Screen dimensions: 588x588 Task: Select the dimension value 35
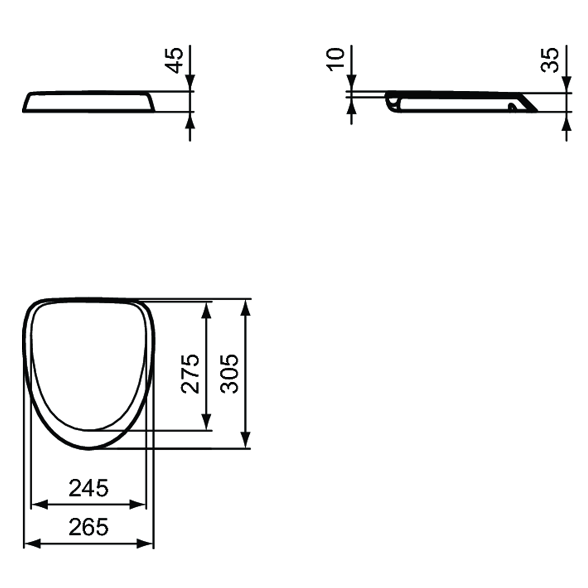click(550, 60)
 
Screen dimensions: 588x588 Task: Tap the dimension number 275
click(191, 373)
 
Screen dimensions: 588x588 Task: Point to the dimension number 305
click(230, 373)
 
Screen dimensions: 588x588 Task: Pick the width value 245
click(88, 488)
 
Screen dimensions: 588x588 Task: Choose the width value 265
click(88, 527)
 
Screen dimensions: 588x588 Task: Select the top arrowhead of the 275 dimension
click(206, 310)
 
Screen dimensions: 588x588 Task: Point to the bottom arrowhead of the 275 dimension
click(206, 422)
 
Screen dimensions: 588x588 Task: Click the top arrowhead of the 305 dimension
click(245, 308)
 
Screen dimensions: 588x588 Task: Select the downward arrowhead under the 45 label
click(190, 83)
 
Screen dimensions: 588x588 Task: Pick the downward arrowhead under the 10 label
click(351, 83)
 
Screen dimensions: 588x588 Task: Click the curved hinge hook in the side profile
click(392, 102)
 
